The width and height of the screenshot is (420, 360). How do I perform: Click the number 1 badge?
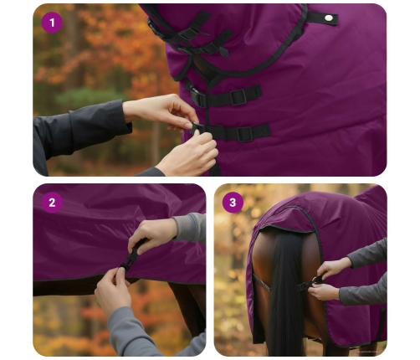53,23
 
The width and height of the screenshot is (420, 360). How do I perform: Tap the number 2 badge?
53,203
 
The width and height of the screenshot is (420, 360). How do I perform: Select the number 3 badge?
233,203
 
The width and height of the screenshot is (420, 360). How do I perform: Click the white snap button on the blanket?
329,18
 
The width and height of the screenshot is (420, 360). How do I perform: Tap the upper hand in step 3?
334,267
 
